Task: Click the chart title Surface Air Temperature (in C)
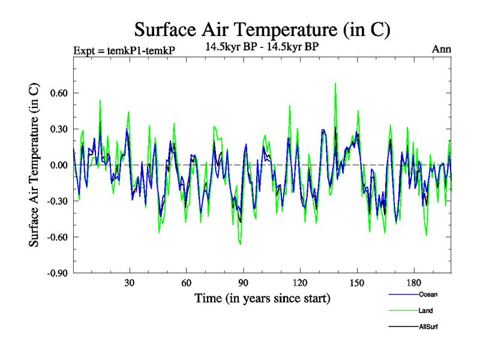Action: tap(262, 29)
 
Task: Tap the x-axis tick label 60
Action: tap(187, 283)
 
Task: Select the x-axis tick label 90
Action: tap(244, 283)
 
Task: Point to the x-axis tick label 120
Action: tap(301, 283)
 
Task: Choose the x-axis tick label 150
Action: tap(358, 283)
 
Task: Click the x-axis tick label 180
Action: tap(415, 283)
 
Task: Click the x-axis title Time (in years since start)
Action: tap(262, 298)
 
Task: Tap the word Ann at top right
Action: tap(442, 49)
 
